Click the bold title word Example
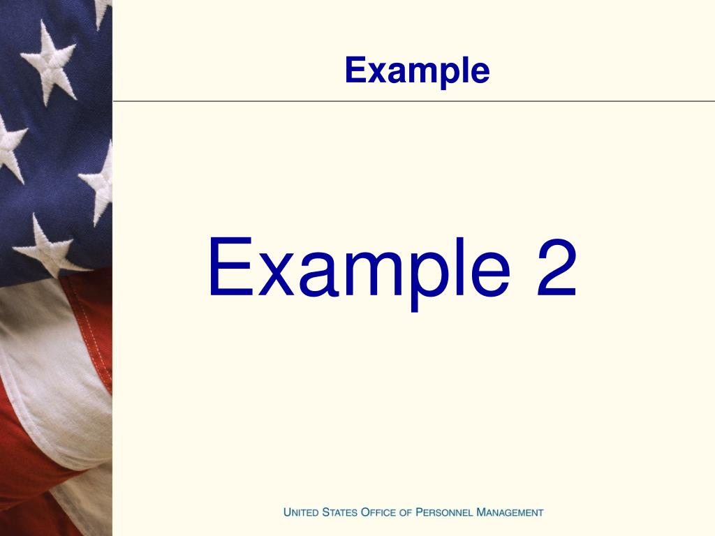point(418,70)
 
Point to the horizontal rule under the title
point(413,101)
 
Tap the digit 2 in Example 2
point(556,267)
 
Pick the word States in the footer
point(340,512)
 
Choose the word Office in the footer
point(378,512)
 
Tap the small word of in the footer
point(406,513)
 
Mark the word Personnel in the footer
point(444,512)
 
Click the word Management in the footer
point(510,512)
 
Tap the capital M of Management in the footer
point(481,512)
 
